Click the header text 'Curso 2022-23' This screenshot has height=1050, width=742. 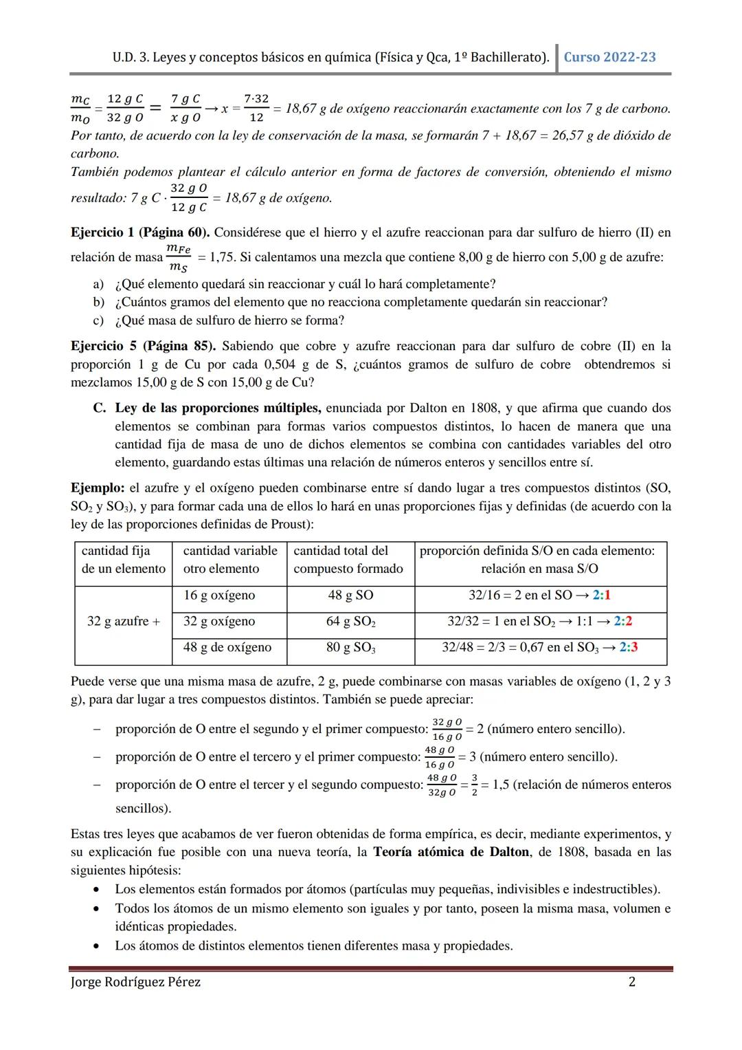(609, 57)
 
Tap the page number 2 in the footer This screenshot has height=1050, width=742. (632, 982)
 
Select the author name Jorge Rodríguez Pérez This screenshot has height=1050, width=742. (135, 982)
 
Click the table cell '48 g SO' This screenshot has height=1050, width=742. (350, 595)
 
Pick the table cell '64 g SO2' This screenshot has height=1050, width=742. (350, 622)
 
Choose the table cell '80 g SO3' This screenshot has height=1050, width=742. (350, 648)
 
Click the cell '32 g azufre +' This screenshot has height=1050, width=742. (123, 622)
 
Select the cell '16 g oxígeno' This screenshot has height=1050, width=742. (218, 595)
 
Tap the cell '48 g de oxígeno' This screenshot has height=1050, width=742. (227, 648)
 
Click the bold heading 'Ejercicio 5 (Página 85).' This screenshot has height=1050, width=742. (143, 346)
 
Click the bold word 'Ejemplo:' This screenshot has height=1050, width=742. (97, 488)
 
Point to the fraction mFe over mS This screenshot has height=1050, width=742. (178, 258)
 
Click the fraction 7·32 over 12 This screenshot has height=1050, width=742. (256, 109)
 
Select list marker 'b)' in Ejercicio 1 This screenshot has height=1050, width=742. (99, 303)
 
